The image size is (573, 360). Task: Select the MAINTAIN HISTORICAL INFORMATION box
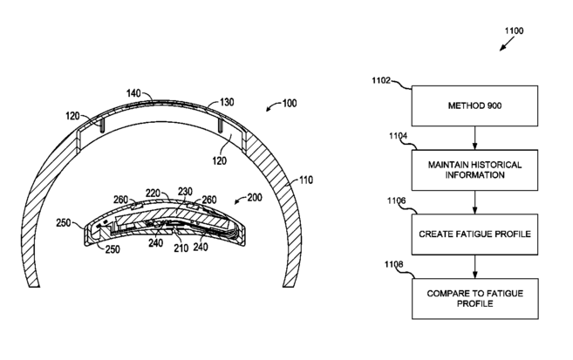(474, 168)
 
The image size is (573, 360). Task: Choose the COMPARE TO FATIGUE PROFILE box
(474, 299)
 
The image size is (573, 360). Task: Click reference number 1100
(515, 31)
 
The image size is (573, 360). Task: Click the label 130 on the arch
(229, 101)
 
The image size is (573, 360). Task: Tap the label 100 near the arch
(288, 104)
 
